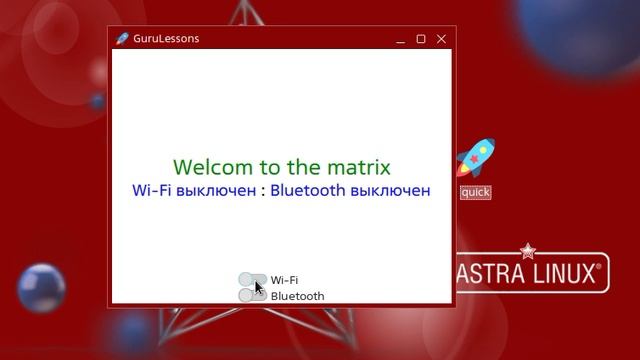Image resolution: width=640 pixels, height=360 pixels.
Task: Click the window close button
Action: (441, 39)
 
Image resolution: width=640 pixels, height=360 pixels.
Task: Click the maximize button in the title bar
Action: (421, 39)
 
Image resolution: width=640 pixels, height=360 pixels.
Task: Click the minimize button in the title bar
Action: (401, 39)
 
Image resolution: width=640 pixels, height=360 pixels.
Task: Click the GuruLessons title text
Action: (166, 39)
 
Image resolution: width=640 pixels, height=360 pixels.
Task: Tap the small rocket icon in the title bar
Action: (122, 39)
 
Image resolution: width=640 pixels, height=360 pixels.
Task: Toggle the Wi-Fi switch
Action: (252, 280)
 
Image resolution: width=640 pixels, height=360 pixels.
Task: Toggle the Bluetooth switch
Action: (252, 296)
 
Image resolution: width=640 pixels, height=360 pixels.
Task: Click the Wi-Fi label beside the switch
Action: (284, 281)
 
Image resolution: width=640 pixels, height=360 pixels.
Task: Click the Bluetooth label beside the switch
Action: (297, 296)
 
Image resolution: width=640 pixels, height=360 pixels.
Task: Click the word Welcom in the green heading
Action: (213, 167)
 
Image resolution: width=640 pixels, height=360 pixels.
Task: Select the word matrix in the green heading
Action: (357, 167)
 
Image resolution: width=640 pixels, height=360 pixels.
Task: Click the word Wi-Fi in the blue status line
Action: (151, 190)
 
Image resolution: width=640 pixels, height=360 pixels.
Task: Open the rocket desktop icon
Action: (475, 158)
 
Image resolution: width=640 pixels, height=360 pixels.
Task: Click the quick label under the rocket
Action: (475, 192)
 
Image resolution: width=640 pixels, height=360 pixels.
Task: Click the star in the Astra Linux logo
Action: (528, 250)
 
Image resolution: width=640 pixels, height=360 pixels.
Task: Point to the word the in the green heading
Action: (303, 167)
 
